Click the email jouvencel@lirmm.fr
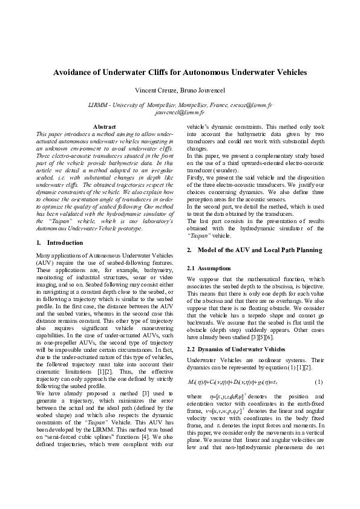click(180, 112)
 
